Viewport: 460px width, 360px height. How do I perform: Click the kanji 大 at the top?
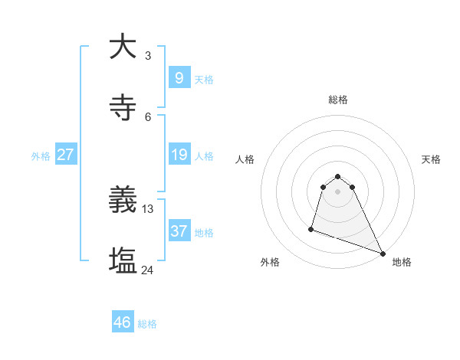tap(123, 47)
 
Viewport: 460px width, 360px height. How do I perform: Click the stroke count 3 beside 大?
tap(147, 56)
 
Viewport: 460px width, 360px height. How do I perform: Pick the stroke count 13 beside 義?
tap(148, 208)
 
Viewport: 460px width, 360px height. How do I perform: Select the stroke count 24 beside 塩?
tap(148, 270)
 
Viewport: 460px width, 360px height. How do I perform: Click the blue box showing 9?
tap(179, 78)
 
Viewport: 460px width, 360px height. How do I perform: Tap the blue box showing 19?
tap(179, 155)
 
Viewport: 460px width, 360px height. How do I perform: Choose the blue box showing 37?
tap(179, 231)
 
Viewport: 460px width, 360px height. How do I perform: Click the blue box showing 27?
tap(65, 155)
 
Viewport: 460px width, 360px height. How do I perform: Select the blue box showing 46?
tap(123, 322)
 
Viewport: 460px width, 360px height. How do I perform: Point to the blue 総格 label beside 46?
tap(147, 324)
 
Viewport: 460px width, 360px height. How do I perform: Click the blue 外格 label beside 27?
tap(41, 156)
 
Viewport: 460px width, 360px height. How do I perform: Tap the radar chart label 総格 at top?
tap(338, 100)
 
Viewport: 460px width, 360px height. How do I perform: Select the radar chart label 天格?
tap(431, 159)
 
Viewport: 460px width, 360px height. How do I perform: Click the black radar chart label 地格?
tap(402, 262)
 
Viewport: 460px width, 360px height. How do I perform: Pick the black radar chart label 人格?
tap(245, 159)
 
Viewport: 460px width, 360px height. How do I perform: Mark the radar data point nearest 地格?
tap(382, 253)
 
